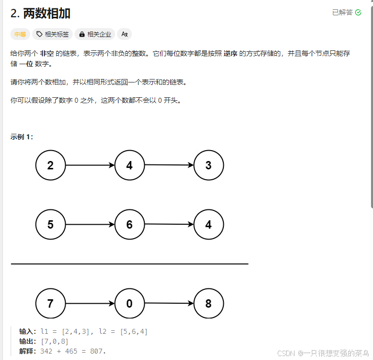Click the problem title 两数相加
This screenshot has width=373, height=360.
coord(46,13)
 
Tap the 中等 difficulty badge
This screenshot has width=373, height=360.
coord(20,34)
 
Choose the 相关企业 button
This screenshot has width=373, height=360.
coord(95,34)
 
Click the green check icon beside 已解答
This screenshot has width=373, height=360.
coord(358,12)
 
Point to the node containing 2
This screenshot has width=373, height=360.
coord(50,165)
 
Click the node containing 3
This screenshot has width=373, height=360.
coord(208,165)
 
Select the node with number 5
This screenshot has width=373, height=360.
coord(50,225)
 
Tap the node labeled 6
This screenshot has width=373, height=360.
coord(129,225)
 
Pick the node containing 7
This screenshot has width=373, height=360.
coord(50,304)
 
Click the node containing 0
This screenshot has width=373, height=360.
coord(129,304)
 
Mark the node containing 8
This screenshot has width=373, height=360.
coord(208,304)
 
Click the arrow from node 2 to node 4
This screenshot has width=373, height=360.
coord(90,165)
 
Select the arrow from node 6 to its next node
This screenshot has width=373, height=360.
coord(169,225)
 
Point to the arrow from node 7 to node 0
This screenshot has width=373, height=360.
coord(90,304)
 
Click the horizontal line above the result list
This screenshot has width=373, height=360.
coord(129,264)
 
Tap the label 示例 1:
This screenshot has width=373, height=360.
coord(22,137)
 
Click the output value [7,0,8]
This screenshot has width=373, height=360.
coord(54,341)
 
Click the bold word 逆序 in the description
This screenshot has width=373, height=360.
coord(230,53)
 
